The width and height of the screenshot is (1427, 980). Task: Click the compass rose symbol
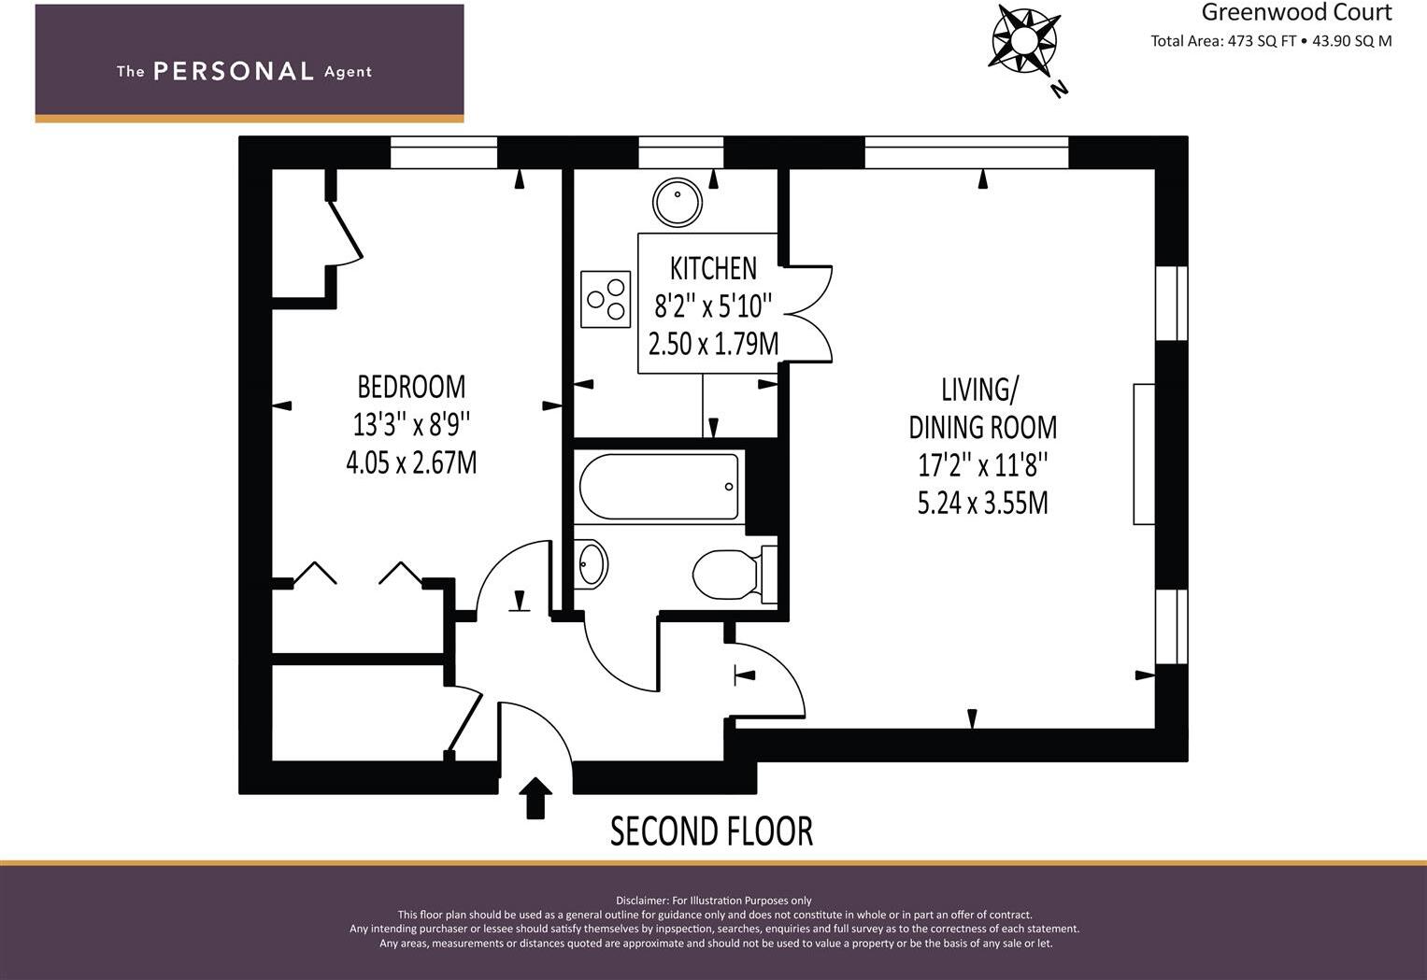point(1023,39)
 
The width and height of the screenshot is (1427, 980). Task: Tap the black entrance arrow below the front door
point(535,798)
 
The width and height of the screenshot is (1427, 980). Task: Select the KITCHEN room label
point(713,268)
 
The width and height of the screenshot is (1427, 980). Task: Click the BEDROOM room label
point(411,386)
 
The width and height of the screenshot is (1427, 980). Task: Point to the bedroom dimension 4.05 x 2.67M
point(411,462)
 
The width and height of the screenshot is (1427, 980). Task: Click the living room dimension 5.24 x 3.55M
point(982,503)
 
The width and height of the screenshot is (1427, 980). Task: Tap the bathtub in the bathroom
point(659,486)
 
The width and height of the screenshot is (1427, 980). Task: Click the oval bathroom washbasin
point(592,564)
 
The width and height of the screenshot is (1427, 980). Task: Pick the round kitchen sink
point(678,203)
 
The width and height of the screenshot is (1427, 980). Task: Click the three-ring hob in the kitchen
point(606,299)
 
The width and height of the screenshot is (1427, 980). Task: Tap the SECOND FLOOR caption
point(711,831)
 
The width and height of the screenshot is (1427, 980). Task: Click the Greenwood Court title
point(1296,12)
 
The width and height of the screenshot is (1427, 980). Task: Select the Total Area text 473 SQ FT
point(1223,41)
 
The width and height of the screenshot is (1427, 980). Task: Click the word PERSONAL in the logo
point(233,71)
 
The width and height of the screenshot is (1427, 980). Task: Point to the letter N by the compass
point(1060,89)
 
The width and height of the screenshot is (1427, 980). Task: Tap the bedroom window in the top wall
point(444,152)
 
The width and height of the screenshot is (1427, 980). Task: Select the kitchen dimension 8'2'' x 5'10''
point(713,305)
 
